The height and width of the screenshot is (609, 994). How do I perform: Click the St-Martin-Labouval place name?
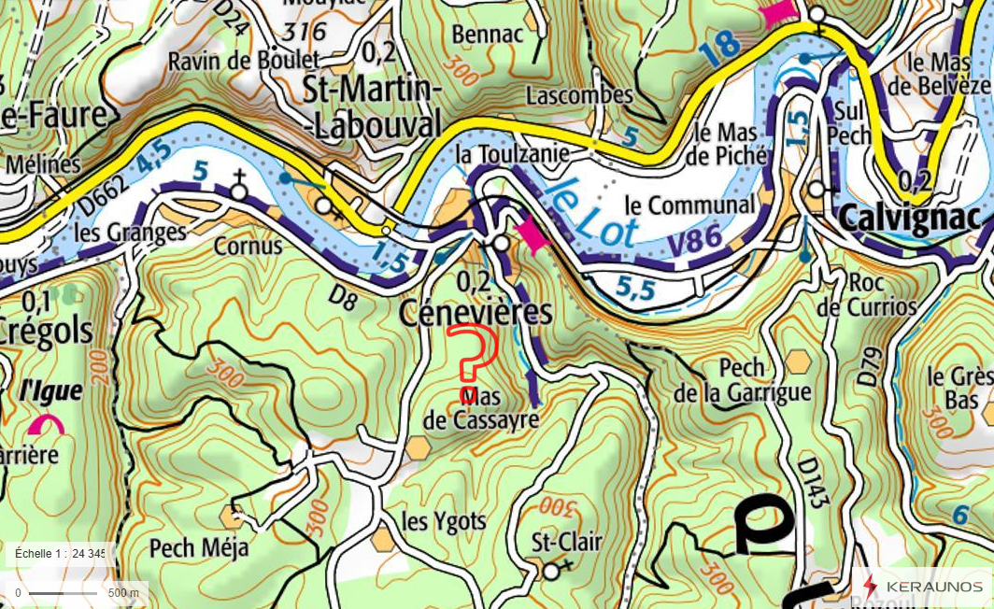[373, 107]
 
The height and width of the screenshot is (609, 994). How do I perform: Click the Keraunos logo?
[921, 587]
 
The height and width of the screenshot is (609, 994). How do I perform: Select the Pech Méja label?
[199, 547]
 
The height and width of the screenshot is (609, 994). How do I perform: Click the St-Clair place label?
[567, 542]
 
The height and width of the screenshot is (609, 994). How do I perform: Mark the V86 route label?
[695, 241]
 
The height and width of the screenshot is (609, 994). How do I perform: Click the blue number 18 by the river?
[719, 49]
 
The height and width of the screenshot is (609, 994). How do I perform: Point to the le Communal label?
[689, 205]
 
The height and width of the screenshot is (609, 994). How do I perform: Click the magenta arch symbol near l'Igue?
[46, 426]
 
